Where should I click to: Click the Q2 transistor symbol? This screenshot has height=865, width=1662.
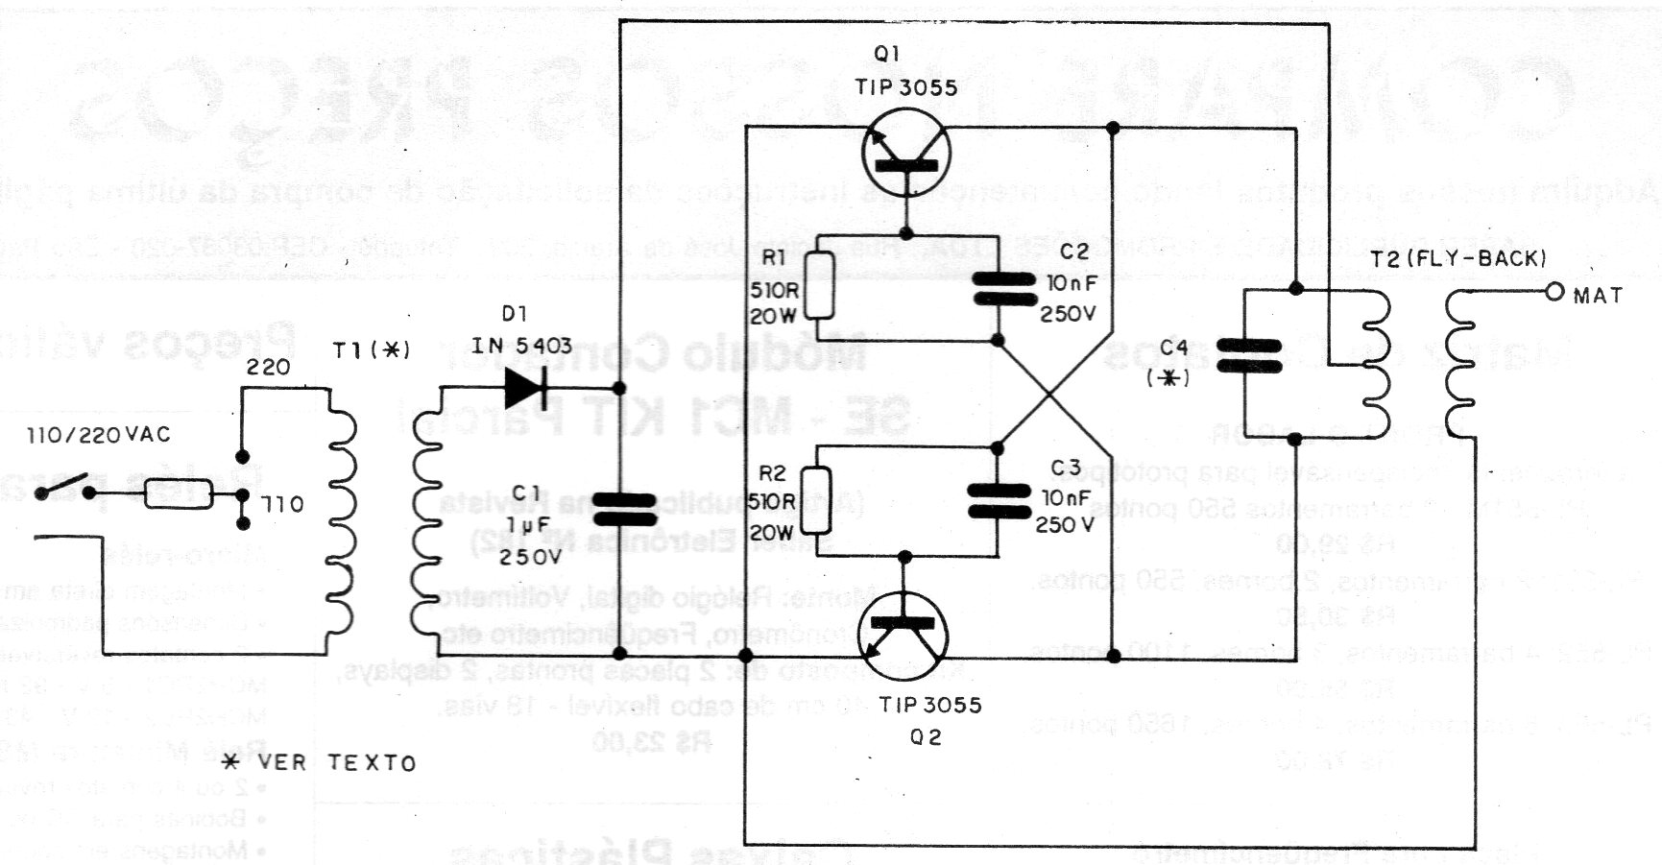[905, 637]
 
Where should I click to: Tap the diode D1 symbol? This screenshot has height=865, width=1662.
[525, 387]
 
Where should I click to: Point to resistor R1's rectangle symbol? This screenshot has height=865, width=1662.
[818, 285]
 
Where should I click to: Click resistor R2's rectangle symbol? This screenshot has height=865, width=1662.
[818, 500]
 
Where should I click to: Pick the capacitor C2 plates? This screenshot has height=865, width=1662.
[1000, 288]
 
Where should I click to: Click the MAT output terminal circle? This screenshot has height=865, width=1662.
[1554, 292]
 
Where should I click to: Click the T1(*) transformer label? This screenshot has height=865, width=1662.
[371, 351]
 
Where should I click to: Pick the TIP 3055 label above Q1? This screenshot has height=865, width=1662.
[905, 87]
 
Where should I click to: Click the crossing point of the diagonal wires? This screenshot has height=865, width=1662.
[1053, 396]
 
